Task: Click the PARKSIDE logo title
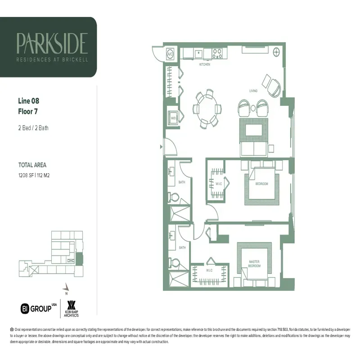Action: [x=52, y=43]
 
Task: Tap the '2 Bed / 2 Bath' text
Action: [x=33, y=128]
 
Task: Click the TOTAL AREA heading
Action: [x=32, y=165]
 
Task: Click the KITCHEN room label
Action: [x=205, y=64]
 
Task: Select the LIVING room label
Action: [x=253, y=91]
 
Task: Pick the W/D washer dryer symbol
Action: [x=172, y=118]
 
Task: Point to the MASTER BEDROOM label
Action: [x=254, y=264]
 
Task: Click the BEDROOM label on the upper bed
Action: [x=261, y=184]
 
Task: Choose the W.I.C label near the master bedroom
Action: [x=210, y=270]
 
